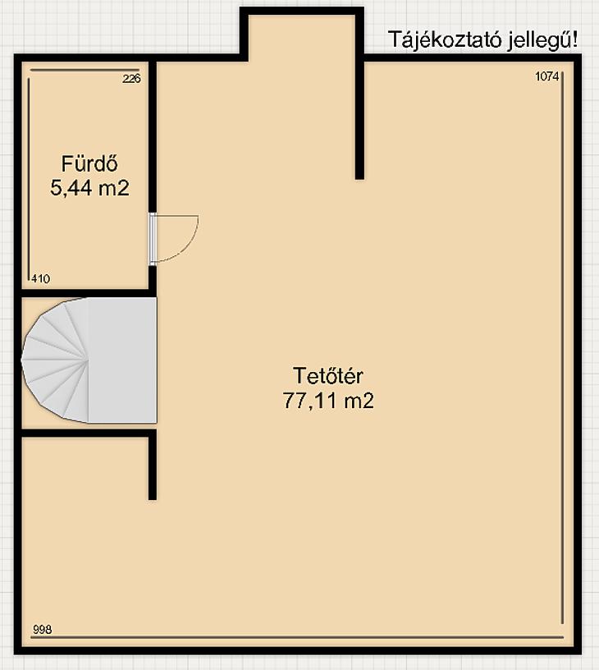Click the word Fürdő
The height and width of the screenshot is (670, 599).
[89, 163]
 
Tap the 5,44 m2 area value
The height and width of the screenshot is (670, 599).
[89, 188]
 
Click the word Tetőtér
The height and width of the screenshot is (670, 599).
[328, 376]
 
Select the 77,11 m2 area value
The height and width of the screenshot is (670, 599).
[328, 401]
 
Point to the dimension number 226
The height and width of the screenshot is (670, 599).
[131, 79]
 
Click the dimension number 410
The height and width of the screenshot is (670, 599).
[40, 279]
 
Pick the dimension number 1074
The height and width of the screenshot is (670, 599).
[547, 76]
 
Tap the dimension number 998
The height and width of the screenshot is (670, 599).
[43, 630]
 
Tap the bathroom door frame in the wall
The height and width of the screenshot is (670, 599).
[153, 239]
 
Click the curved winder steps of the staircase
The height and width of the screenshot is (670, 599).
[56, 361]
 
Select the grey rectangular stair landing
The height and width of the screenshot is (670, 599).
[122, 360]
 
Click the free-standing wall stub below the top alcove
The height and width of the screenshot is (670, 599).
[360, 117]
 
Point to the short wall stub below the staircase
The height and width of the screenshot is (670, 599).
[153, 465]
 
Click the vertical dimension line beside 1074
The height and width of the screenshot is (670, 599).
[563, 348]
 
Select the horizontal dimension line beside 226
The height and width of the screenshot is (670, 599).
[85, 70]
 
